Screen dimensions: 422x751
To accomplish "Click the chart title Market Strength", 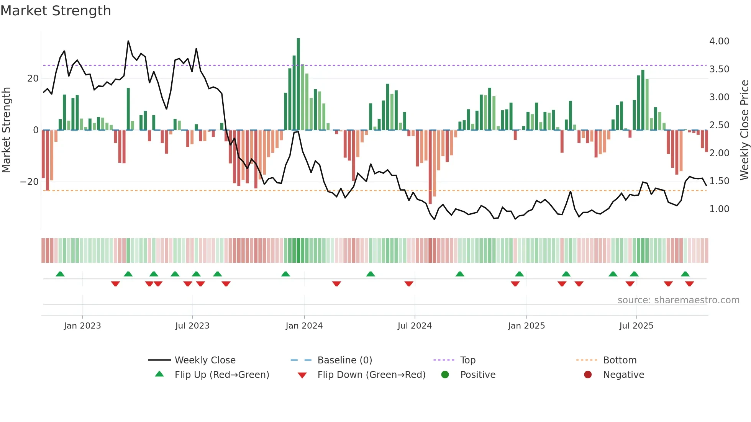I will point(56,11).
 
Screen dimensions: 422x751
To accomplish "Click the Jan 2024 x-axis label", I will point(304,326).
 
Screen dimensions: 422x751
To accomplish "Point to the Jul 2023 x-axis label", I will point(192,326).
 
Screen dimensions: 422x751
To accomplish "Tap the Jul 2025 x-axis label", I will point(636,326).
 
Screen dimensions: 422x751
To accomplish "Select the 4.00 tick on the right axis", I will point(719,41).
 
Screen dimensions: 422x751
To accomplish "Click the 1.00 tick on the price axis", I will point(719,209).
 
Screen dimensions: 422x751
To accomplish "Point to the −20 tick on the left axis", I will point(30,182).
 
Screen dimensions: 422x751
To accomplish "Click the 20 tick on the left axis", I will point(33,79).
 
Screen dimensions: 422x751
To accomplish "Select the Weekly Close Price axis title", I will point(744,130).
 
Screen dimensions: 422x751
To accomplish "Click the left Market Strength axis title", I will point(7,130).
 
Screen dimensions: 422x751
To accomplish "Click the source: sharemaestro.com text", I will point(678,300).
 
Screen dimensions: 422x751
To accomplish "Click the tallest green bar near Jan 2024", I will point(298,84).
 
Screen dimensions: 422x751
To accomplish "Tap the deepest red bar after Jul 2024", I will point(430,167).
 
